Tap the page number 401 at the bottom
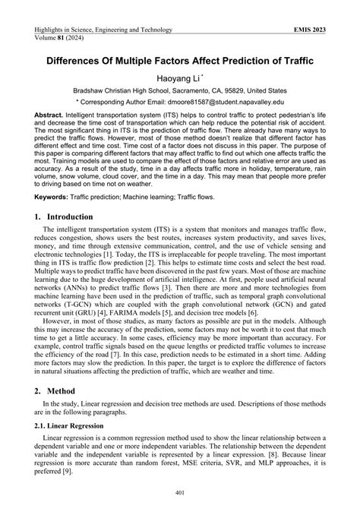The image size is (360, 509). point(180,495)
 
